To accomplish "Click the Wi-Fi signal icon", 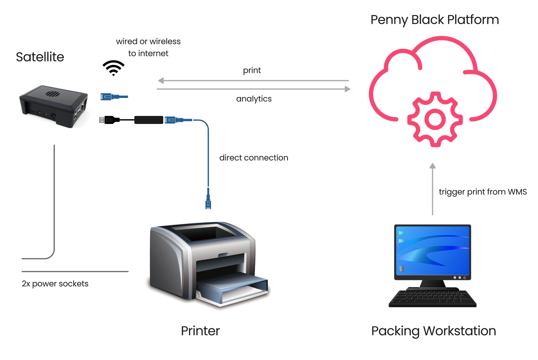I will tap(113, 68).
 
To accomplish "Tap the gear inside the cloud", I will tap(435, 119).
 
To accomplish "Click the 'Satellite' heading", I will tap(40, 57).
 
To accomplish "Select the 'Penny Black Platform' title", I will tap(434, 20).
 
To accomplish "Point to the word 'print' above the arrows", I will tap(252, 70).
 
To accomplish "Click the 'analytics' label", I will tap(254, 99).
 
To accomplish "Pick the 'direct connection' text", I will tap(254, 158).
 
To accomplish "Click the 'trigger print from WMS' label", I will tap(483, 192).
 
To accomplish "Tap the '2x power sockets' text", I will tap(55, 284).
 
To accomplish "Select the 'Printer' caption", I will tap(200, 331).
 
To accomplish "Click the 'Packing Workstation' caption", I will tap(433, 331).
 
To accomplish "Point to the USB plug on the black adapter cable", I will tap(102, 120).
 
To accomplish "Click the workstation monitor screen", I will tap(432, 250).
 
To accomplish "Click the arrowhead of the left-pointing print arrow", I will tap(160, 81).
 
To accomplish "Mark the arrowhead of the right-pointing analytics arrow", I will tap(348, 89).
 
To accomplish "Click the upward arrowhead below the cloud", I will tap(433, 166).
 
